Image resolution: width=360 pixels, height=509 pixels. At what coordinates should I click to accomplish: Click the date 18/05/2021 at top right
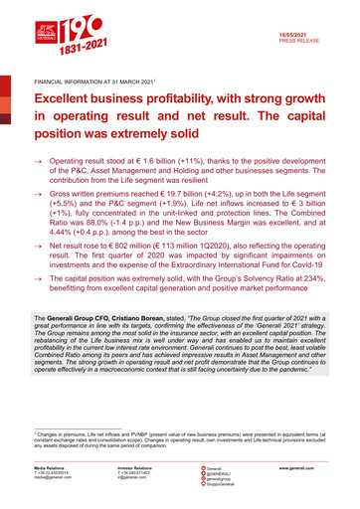point(307,33)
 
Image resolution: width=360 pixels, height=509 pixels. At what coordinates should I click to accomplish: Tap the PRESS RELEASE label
point(305,40)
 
